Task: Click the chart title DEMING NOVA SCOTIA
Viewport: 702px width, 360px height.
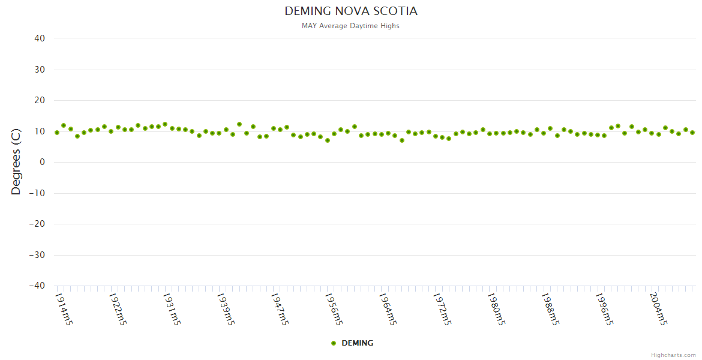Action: [x=351, y=11]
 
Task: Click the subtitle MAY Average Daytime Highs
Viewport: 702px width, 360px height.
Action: [x=351, y=26]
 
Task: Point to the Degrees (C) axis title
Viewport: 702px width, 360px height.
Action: [x=16, y=163]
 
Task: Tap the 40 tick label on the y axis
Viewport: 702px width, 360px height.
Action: [x=40, y=38]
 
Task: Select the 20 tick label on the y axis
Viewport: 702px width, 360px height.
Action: [x=40, y=100]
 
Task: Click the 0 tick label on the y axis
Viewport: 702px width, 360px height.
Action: [x=43, y=162]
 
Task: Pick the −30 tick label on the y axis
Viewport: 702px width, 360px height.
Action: [x=37, y=255]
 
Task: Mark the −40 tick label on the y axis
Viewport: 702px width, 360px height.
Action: [x=37, y=286]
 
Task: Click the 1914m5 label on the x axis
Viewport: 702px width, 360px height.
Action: [x=64, y=309]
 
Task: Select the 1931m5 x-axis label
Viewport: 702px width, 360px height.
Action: [x=172, y=309]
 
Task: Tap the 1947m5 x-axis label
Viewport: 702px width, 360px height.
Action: [x=280, y=309]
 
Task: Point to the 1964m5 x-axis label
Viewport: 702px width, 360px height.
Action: [x=388, y=309]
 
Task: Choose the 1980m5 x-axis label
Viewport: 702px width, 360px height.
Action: [x=496, y=309]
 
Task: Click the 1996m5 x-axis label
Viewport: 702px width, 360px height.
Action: [x=604, y=309]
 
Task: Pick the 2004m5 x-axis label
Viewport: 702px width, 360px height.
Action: [x=658, y=309]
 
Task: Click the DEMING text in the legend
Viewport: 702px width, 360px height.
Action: [x=357, y=343]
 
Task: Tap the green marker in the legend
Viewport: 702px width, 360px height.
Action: [x=334, y=343]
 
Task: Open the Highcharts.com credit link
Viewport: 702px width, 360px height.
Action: [x=673, y=355]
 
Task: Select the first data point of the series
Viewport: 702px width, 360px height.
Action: [x=57, y=133]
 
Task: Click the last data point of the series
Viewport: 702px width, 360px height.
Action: [x=692, y=133]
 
